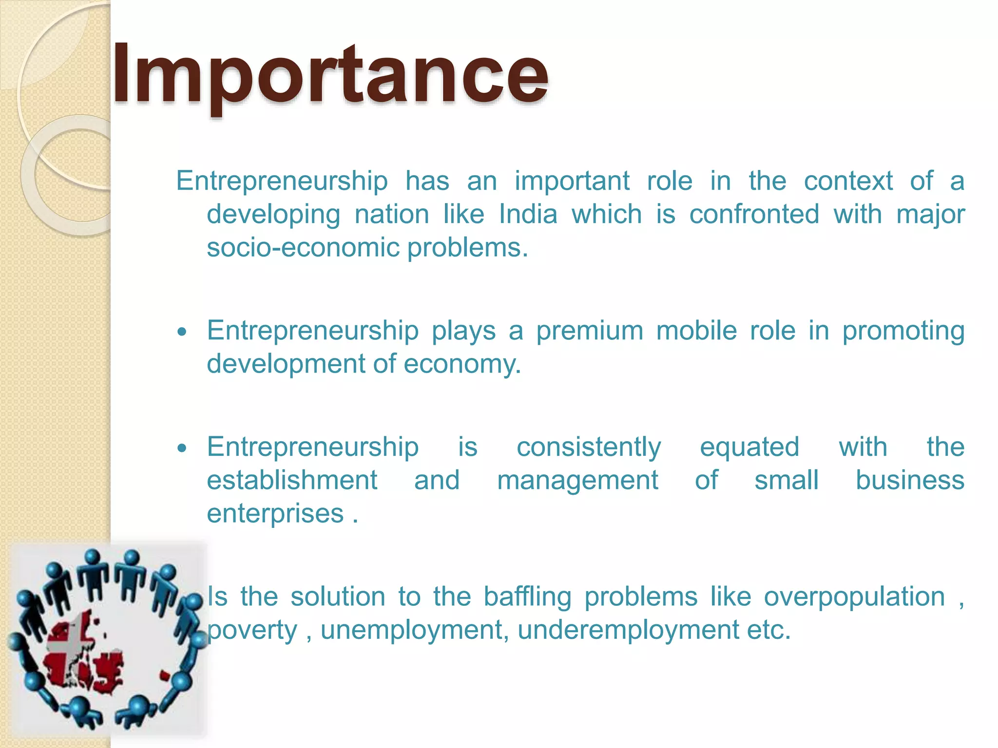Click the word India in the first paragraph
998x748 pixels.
528,214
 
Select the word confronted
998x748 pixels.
754,214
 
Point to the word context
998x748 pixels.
848,181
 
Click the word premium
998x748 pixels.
590,331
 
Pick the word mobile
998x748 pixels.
696,331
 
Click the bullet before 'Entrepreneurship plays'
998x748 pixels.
182,332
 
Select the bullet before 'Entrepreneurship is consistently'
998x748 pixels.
182,448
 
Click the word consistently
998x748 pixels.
588,447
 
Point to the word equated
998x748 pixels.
749,447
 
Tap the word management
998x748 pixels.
577,481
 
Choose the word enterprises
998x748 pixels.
275,514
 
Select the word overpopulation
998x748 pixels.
854,597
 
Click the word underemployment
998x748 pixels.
628,630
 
